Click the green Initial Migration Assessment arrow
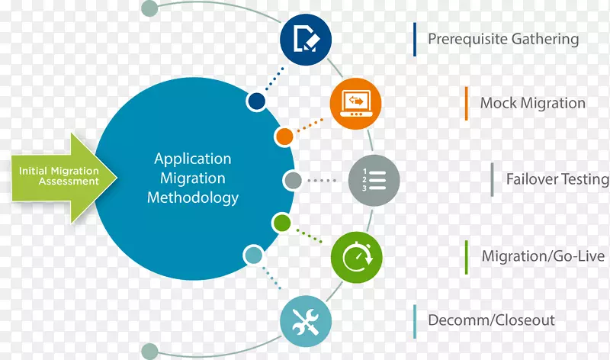[61, 177]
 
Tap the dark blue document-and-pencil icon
[306, 37]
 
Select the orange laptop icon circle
[355, 103]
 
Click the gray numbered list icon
[374, 181]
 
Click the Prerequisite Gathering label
[503, 39]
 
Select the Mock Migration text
[532, 103]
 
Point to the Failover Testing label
[557, 180]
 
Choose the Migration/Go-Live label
[544, 256]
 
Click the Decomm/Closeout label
[491, 320]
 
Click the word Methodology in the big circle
[193, 198]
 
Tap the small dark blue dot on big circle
[257, 101]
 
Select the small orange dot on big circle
[284, 137]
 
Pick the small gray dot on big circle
[293, 181]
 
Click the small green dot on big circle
[282, 223]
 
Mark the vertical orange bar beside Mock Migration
[466, 103]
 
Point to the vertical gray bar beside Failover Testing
[493, 180]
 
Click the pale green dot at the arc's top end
[150, 9]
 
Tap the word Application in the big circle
[193, 159]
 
